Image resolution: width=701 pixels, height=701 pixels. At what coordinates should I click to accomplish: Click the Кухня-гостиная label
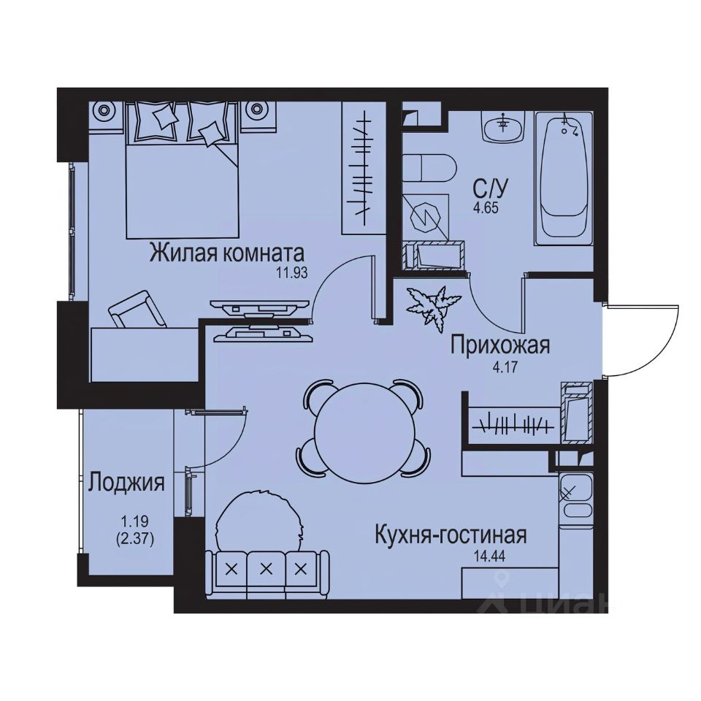click(450, 535)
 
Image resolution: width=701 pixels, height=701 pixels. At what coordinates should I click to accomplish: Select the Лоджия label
click(126, 483)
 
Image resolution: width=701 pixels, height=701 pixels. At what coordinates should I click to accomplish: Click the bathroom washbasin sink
click(502, 127)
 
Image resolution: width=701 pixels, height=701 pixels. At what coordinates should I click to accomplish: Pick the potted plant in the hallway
click(432, 305)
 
